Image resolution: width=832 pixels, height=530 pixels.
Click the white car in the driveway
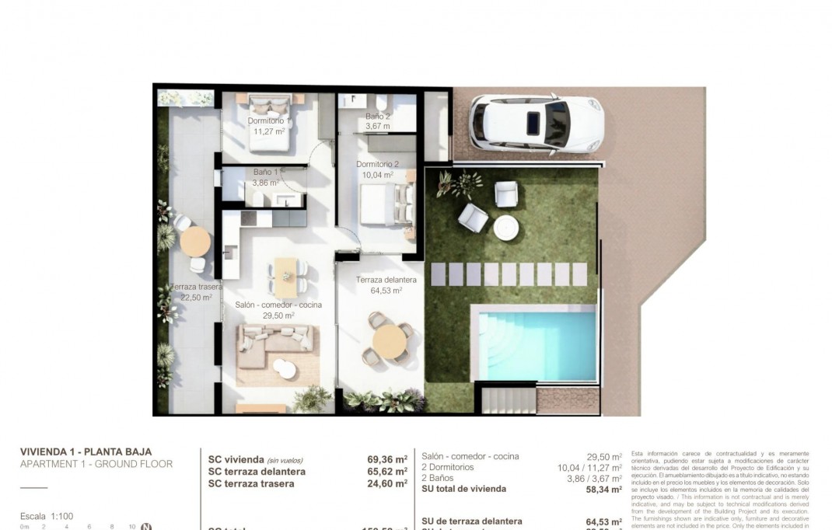click(537, 123)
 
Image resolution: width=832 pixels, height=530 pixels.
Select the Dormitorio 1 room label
click(269, 121)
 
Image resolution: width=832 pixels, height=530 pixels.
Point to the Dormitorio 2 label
click(377, 165)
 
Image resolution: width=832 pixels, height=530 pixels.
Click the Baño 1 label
click(265, 173)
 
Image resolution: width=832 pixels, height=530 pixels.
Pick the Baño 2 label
click(378, 117)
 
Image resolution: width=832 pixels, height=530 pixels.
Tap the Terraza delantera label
click(386, 281)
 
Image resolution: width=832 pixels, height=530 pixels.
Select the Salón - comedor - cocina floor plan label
click(278, 305)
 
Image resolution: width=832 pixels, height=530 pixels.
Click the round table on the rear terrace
click(195, 241)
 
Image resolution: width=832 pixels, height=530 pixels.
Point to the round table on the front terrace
click(389, 340)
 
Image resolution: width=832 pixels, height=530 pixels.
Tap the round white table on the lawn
click(506, 227)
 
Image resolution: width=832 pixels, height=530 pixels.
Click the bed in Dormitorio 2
click(386, 205)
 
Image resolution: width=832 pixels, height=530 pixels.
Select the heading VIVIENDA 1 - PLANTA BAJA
click(86, 452)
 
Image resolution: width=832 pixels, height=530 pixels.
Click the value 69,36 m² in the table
click(387, 459)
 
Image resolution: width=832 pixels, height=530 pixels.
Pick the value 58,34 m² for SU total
click(603, 490)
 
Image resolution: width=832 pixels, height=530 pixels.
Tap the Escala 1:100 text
click(46, 516)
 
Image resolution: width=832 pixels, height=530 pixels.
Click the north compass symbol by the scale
click(145, 527)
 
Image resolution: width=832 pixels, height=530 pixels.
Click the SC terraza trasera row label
click(251, 483)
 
